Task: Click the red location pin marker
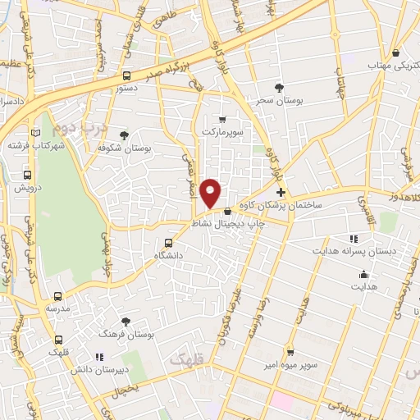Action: pos(212,193)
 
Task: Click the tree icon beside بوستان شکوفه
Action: pos(124,135)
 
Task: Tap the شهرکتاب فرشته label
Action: pos(30,145)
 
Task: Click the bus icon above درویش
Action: pos(28,175)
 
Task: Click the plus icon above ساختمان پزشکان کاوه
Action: pos(281,190)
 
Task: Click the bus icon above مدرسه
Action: pos(57,296)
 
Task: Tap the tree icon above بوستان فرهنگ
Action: pos(125,322)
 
